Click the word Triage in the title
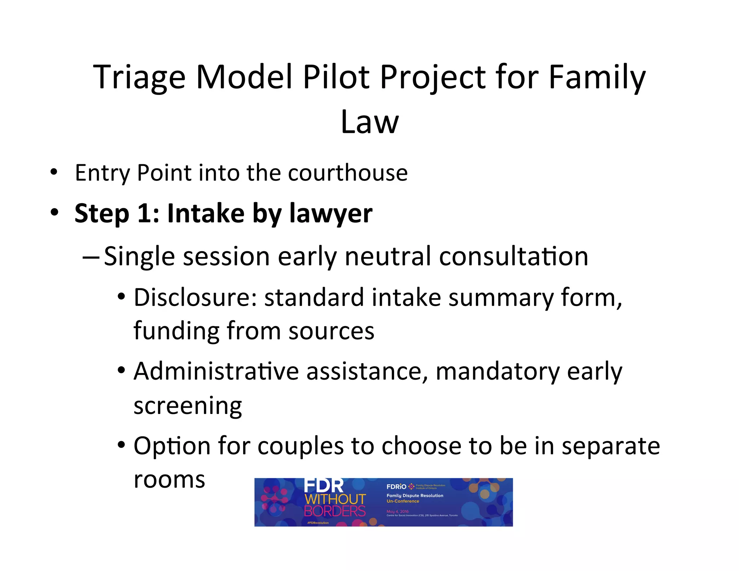click(x=139, y=78)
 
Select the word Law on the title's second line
click(x=369, y=122)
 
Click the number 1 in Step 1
click(x=145, y=213)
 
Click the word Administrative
click(x=216, y=371)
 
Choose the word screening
click(x=188, y=406)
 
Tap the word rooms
click(x=169, y=480)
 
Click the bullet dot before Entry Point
click(x=54, y=172)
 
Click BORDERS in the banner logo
click(x=334, y=511)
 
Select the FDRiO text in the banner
click(x=396, y=487)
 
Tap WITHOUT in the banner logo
click(x=335, y=500)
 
